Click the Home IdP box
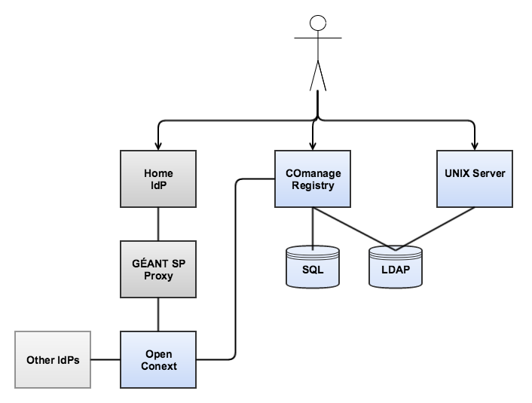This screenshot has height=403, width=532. tap(158, 179)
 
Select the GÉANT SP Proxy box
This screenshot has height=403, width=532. tap(158, 269)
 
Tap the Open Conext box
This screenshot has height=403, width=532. tap(158, 359)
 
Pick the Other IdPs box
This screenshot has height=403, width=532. tap(52, 359)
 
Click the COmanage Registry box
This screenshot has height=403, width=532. tap(313, 179)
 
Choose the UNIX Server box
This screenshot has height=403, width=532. tap(475, 179)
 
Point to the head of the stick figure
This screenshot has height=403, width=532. tap(319, 23)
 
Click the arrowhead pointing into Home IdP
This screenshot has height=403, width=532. tap(158, 144)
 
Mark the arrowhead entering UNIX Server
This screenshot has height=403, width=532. tap(475, 144)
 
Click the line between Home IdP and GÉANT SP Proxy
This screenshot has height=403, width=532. tap(158, 224)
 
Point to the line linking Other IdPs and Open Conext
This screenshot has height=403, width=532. tap(105, 359)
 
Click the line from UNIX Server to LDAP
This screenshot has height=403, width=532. tap(437, 228)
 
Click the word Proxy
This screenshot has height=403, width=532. tap(158, 276)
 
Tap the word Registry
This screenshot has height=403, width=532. tap(313, 185)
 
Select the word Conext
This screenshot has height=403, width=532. tap(158, 365)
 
